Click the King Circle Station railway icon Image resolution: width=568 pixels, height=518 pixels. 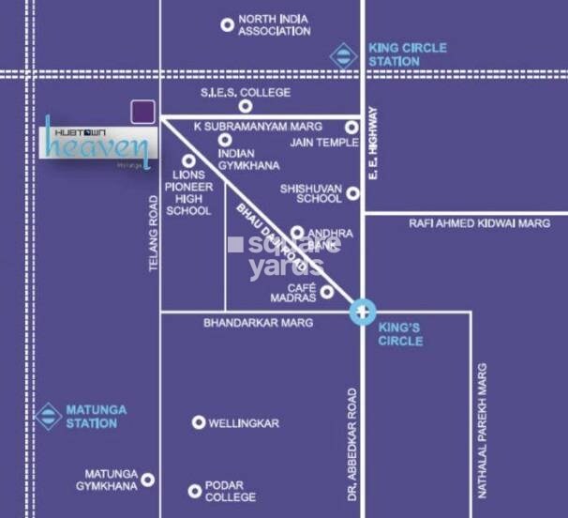pos(344,55)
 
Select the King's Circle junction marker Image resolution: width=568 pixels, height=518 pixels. pos(363,312)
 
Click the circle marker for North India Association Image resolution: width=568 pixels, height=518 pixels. pos(227,25)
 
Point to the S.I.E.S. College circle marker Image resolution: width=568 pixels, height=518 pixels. pos(246,106)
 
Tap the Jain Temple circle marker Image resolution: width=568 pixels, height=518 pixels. pos(351,128)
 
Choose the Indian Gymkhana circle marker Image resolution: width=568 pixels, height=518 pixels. pos(225,140)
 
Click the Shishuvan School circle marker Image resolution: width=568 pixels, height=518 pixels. pos(353,194)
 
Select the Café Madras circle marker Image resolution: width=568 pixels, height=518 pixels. pos(327,292)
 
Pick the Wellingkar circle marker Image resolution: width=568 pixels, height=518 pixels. pos(199,423)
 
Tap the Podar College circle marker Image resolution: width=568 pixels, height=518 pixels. pos(195,491)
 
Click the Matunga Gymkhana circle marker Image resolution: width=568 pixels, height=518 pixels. pos(147,480)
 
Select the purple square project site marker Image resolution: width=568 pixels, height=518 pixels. pos(142,111)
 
